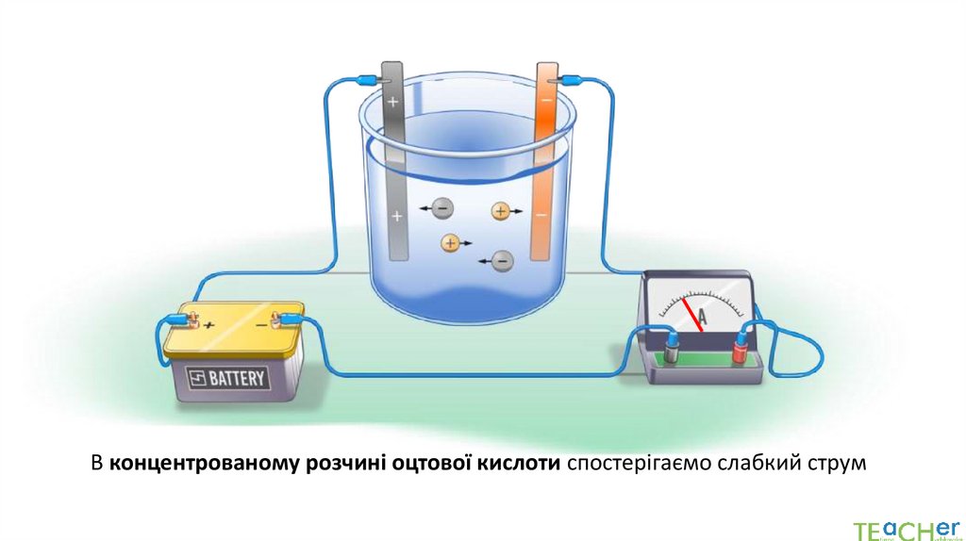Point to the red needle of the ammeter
coord(695,314)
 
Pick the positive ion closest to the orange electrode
coord(501,211)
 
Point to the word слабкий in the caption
coord(762,463)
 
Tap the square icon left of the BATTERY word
coord(197,380)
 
